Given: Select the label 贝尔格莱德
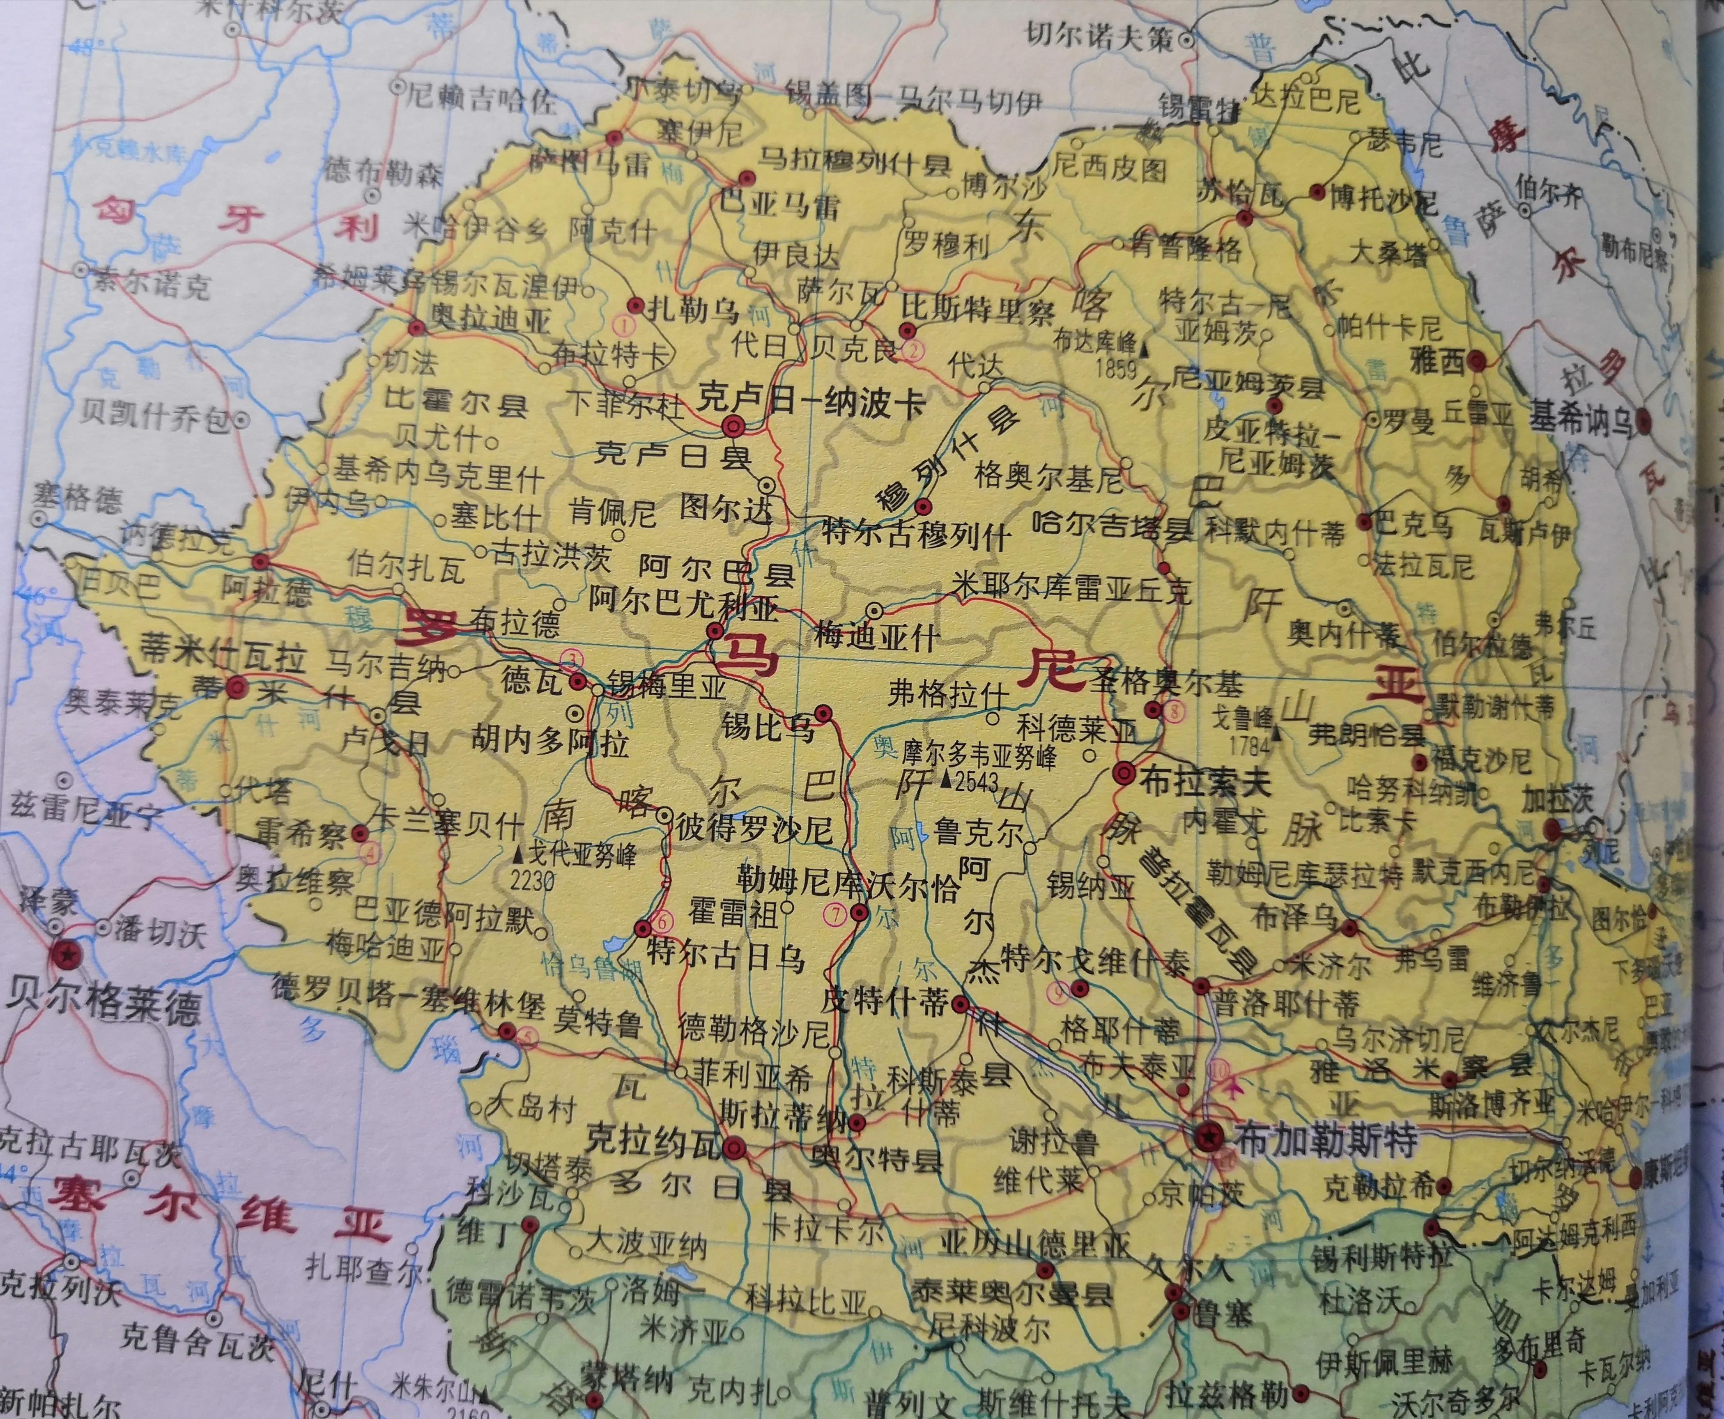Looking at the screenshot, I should pos(102,1011).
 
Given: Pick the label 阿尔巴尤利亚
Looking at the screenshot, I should pos(683,607).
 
